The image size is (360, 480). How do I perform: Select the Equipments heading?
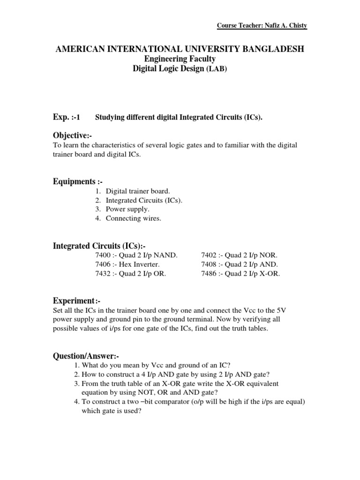tap(77, 181)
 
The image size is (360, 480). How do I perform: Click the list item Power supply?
tap(127, 209)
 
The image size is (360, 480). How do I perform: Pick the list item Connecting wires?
tap(133, 218)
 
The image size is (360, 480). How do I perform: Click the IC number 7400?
tap(104, 255)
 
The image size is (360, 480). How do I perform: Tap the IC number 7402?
tap(209, 255)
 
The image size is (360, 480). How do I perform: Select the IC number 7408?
tap(209, 264)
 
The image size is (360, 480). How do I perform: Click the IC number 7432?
tap(104, 274)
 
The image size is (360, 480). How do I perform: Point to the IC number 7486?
tap(209, 274)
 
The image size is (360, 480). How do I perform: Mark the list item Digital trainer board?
tap(138, 191)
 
